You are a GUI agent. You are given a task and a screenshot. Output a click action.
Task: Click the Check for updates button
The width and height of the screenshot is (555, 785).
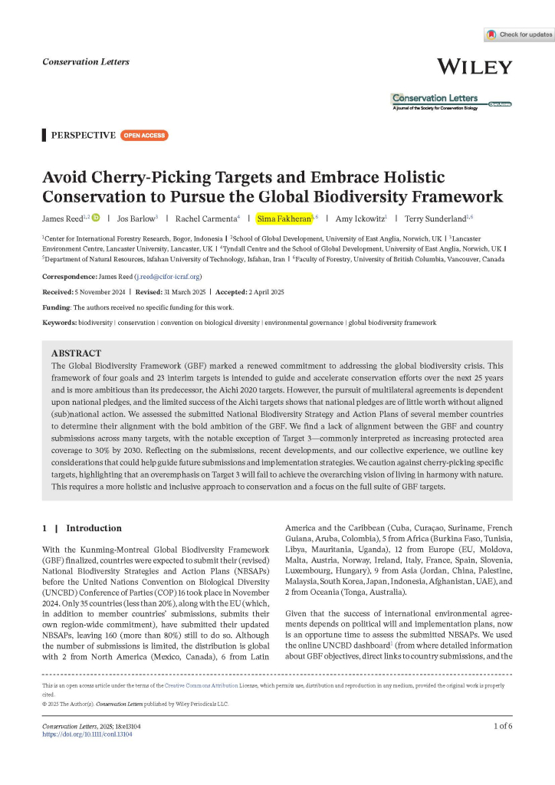pyautogui.click(x=519, y=35)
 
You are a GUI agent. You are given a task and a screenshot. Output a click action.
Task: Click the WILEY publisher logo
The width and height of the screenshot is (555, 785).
pyautogui.click(x=474, y=67)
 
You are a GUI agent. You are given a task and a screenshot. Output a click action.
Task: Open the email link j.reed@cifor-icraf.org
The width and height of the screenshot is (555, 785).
pyautogui.click(x=168, y=276)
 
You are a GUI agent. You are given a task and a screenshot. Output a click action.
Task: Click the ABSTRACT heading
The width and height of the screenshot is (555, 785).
pyautogui.click(x=76, y=353)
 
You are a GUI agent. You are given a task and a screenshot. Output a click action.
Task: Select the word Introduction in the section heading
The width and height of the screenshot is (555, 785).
pyautogui.click(x=94, y=528)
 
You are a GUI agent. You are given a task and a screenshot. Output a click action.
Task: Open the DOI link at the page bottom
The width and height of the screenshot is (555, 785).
pyautogui.click(x=87, y=734)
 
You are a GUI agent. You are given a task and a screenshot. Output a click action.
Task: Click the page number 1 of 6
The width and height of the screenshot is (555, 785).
pyautogui.click(x=498, y=724)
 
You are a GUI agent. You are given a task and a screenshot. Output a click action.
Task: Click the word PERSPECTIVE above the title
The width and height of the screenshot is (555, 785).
pyautogui.click(x=83, y=136)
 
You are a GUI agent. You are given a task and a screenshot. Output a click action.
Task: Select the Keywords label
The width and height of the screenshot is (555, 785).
pyautogui.click(x=59, y=323)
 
